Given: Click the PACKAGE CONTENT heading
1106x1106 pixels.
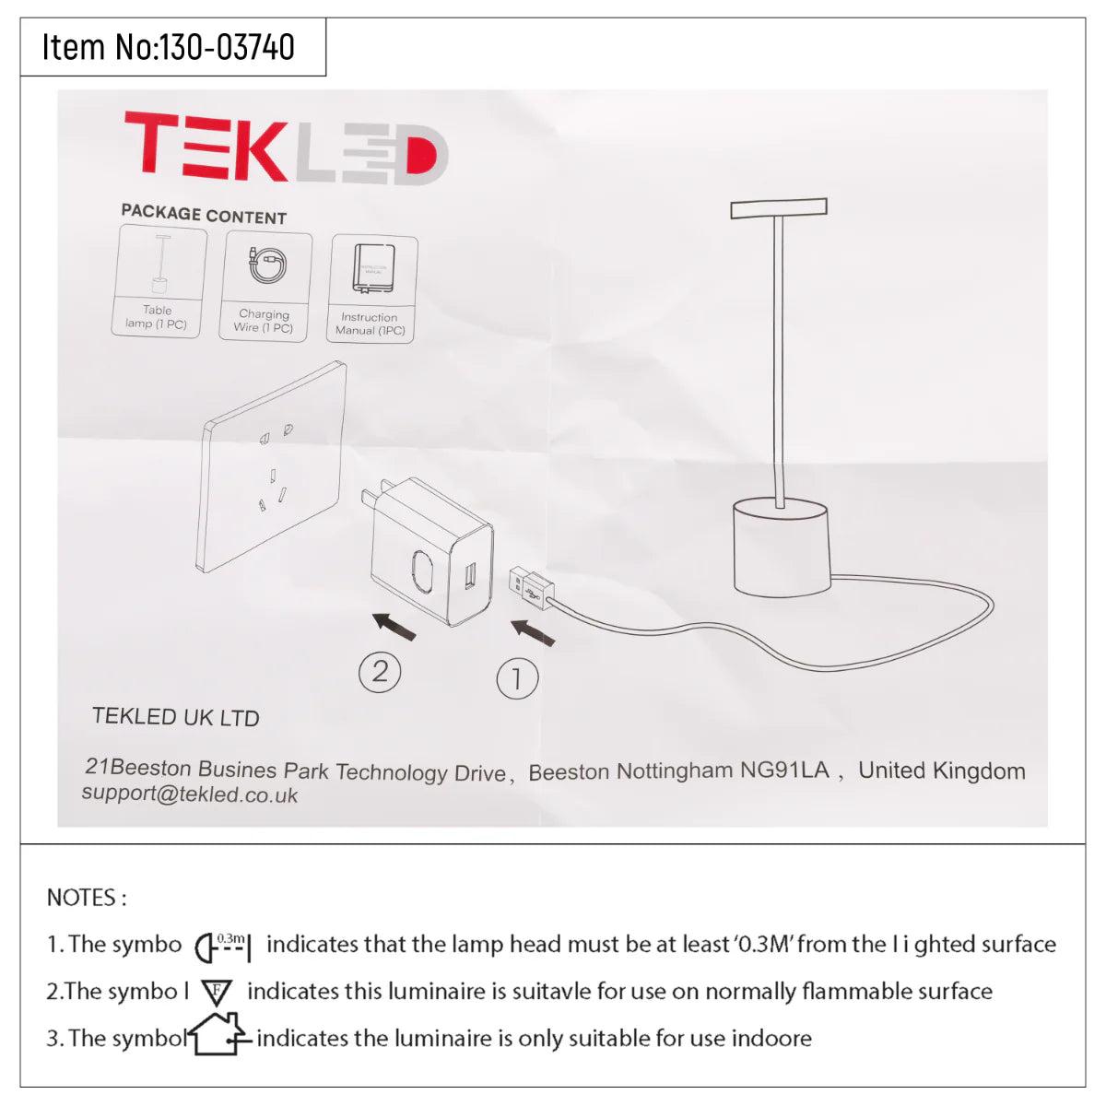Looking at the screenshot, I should (204, 214).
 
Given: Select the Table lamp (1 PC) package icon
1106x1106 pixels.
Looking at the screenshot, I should (159, 282).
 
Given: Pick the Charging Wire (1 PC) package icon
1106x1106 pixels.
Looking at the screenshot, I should (265, 286).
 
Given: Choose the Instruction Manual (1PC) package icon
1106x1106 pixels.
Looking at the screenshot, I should (371, 289).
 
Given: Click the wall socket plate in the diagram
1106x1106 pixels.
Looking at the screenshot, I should (274, 465).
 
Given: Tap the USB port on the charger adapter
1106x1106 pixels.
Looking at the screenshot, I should (470, 577).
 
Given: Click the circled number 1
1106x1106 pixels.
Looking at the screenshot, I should (517, 679).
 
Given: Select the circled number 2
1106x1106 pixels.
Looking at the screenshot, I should (380, 672).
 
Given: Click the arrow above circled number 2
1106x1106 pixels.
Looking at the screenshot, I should (394, 626).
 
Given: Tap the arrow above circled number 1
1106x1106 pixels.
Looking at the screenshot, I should (533, 632).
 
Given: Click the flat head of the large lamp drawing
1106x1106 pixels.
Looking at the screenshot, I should (779, 208).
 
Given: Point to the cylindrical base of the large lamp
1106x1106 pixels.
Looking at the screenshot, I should (782, 547).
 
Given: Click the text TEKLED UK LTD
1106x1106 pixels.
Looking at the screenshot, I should (175, 716).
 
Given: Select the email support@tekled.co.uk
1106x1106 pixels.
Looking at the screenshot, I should (190, 794).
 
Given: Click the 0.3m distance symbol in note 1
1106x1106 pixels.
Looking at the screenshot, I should (223, 945).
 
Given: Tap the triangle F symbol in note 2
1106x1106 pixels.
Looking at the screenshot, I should (217, 993).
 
